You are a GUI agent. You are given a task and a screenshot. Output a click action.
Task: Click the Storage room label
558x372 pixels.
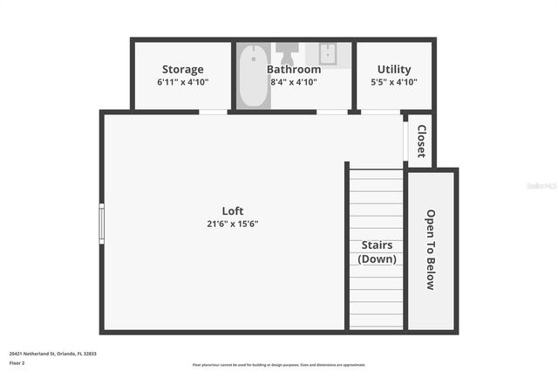[183, 69]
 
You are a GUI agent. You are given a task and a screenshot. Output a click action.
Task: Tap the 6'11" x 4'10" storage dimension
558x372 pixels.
[183, 82]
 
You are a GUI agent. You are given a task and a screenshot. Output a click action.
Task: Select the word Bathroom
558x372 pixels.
[294, 69]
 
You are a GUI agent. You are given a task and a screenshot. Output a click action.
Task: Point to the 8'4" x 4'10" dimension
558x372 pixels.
[294, 82]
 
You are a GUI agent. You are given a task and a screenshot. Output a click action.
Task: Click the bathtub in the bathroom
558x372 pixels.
[252, 75]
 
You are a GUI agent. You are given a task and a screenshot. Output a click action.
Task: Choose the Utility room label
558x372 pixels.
[394, 69]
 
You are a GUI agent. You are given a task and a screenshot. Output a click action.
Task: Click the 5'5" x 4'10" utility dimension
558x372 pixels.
[394, 82]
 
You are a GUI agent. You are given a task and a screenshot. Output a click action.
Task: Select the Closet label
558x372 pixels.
[421, 141]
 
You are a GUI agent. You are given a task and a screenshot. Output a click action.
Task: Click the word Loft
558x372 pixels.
[233, 210]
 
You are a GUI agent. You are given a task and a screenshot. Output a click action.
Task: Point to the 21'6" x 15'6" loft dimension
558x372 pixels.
[233, 224]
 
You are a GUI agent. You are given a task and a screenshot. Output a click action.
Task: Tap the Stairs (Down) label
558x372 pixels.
[377, 252]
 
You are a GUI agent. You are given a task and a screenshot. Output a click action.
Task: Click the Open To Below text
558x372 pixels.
[430, 249]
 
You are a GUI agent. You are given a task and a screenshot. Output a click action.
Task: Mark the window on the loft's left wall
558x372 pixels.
[102, 223]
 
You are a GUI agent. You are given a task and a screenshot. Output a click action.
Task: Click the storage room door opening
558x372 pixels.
[214, 112]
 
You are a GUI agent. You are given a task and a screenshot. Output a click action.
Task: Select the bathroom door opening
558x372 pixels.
[331, 112]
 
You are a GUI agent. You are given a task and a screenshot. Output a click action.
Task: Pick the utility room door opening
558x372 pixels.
[380, 112]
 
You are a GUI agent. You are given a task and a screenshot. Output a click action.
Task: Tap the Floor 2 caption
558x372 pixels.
[17, 362]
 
